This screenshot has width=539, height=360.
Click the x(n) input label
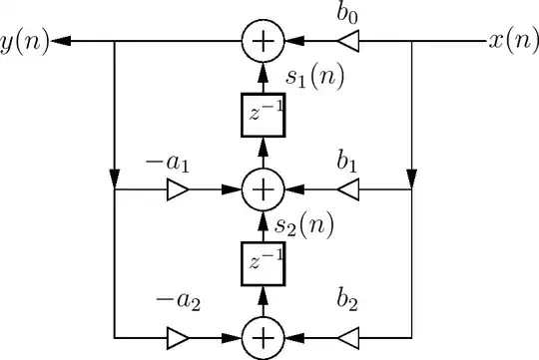(513, 41)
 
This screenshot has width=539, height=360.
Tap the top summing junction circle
(264, 42)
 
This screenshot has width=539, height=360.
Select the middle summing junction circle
(264, 187)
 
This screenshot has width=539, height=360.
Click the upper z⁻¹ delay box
(264, 114)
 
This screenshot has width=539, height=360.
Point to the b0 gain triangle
(346, 42)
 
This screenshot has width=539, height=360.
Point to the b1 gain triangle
(346, 187)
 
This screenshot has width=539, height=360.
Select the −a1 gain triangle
(178, 187)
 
